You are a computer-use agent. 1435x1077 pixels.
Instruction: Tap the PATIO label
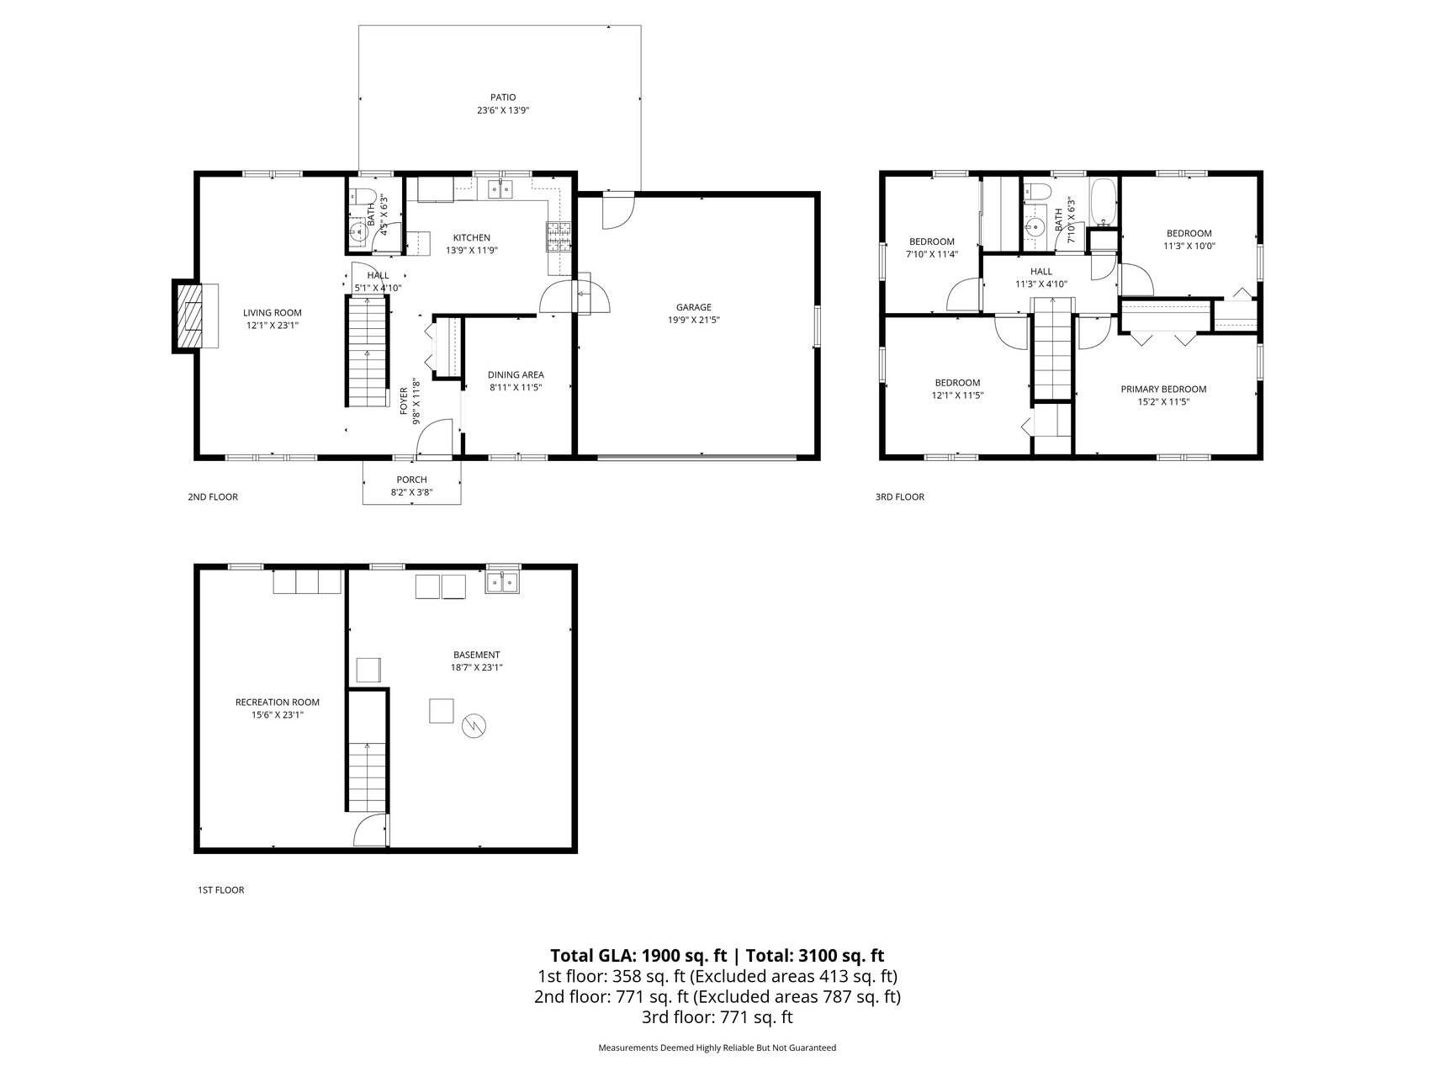point(503,98)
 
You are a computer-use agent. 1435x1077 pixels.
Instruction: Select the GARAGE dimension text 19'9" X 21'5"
point(694,321)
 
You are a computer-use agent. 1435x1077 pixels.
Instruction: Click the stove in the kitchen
point(559,236)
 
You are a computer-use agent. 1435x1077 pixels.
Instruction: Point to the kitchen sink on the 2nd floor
point(501,189)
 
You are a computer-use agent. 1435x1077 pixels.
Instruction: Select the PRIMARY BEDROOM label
point(1163,390)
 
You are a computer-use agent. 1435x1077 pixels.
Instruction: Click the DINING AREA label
point(516,375)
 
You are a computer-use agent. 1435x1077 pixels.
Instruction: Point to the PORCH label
point(412,480)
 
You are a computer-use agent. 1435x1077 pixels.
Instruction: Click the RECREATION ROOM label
point(277,703)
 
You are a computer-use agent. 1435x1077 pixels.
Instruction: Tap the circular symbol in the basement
point(474,726)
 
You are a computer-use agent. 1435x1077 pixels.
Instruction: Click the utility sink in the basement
point(503,582)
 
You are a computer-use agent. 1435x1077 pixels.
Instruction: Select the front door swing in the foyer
point(434,441)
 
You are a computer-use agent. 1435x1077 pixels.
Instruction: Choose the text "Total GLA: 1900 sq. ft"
point(638,956)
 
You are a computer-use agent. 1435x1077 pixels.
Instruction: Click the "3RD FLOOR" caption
point(899,497)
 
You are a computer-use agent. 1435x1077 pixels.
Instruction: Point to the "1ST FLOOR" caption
point(220,890)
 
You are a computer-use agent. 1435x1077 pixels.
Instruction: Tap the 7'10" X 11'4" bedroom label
point(931,254)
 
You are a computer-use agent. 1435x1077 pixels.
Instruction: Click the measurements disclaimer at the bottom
point(717,1048)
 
